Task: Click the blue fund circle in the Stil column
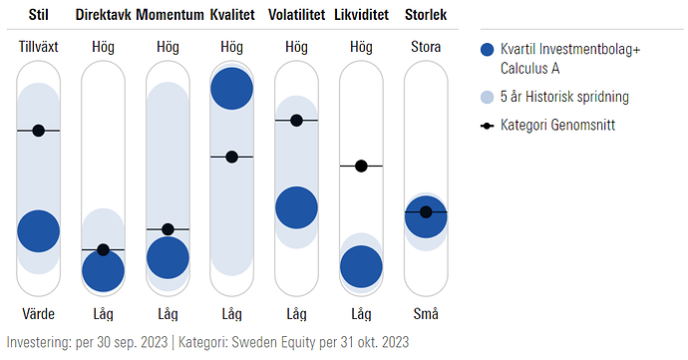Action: pos(39,230)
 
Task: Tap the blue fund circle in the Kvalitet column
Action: pos(231,88)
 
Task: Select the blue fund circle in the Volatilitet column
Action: pos(296,207)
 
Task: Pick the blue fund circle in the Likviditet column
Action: pos(361,266)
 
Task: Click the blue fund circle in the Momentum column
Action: pos(168,258)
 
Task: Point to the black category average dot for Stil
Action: pos(39,131)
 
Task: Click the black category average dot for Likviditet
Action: pos(361,166)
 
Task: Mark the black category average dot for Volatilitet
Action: pos(296,121)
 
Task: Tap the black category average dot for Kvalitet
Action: pos(231,157)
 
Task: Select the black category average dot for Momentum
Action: pos(168,229)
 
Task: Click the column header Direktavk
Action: pos(103,16)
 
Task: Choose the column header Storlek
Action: pos(426,16)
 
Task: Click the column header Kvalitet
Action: pos(231,16)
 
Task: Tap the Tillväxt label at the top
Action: pos(39,47)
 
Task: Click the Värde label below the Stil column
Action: pos(39,313)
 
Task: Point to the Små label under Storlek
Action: pos(426,313)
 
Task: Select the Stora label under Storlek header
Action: pos(426,47)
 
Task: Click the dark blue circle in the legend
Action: pos(488,52)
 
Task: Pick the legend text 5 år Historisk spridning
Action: pos(564,97)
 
